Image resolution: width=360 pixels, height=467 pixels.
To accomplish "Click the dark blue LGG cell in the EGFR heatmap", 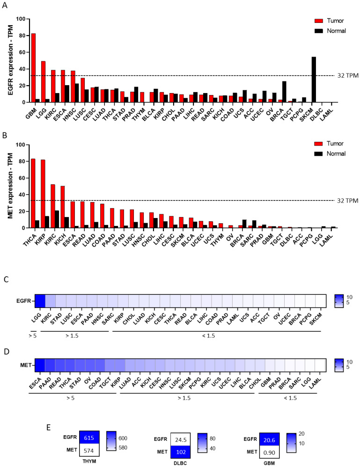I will pos(39,300).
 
